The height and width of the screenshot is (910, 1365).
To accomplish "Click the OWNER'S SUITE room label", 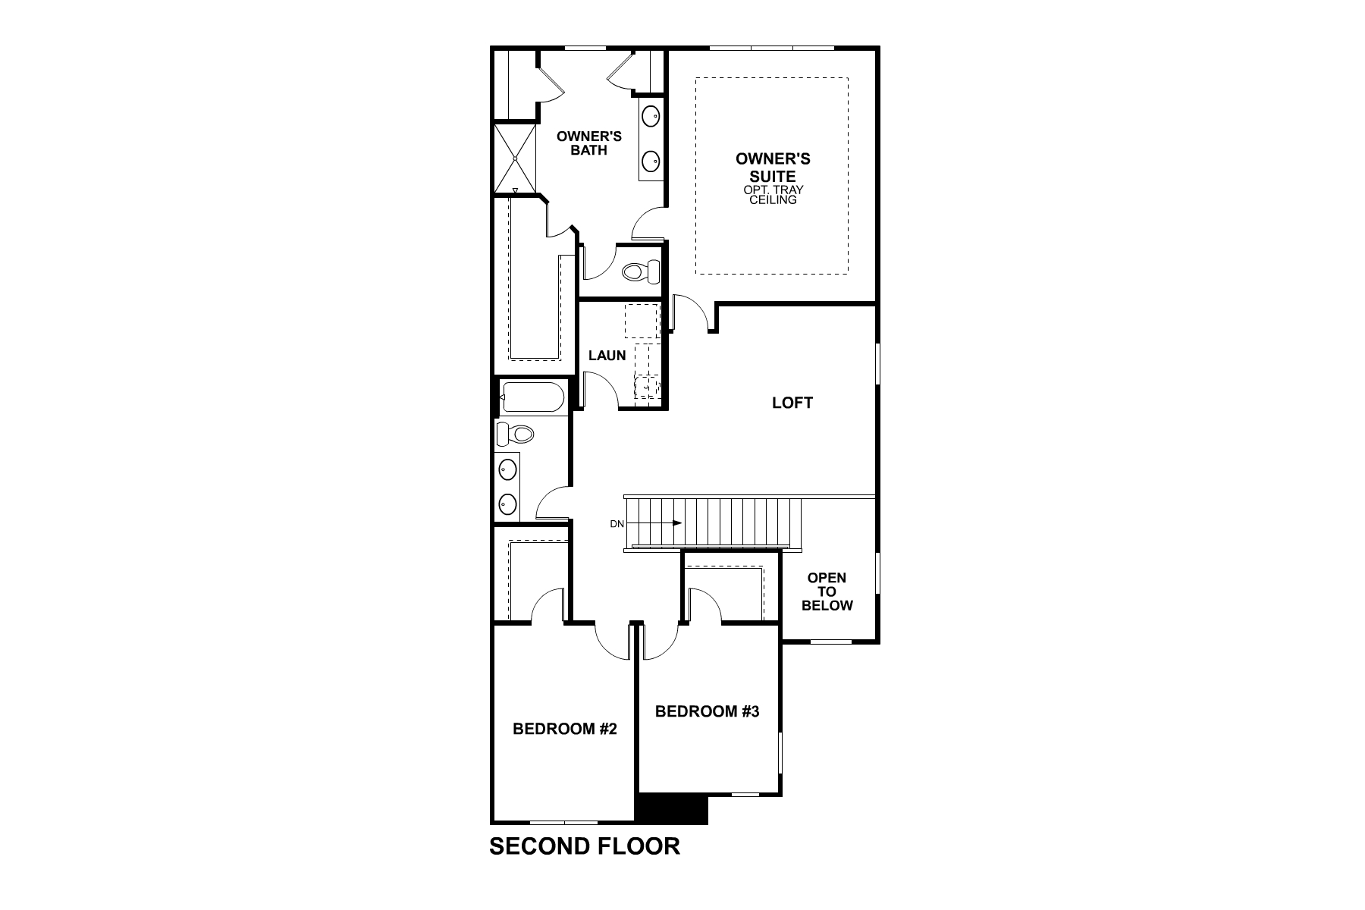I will pos(773,167).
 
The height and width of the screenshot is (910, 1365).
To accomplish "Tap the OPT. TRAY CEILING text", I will pos(773,195).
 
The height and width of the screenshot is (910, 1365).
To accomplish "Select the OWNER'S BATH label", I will pos(589,143).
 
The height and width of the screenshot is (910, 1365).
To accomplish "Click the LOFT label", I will pos(792,403).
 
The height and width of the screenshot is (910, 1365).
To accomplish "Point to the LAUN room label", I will pos(607,355).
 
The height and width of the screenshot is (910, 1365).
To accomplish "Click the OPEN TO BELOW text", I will pos(827,591).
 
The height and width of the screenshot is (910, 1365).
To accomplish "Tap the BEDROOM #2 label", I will pos(565,729).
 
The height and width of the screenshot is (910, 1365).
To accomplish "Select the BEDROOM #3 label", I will pos(707,711).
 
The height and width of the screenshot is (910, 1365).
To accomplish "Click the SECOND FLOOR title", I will pos(585,846).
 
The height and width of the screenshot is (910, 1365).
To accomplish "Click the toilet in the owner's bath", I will pos(641,271).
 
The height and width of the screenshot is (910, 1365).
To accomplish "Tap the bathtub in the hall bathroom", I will pos(533,397).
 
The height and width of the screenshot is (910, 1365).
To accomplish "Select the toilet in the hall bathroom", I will pos(516,434).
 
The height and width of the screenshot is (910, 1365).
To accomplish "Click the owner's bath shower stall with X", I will pos(514,158).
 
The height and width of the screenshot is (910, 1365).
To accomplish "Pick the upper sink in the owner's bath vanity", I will pos(650,116).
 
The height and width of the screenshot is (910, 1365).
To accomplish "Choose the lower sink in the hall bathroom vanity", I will pos(507,502).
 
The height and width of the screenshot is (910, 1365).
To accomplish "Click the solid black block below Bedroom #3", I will pos(671,808).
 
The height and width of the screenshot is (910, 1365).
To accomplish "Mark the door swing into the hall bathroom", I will pos(552,503).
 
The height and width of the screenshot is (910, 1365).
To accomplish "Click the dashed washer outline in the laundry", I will pos(642,320).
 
